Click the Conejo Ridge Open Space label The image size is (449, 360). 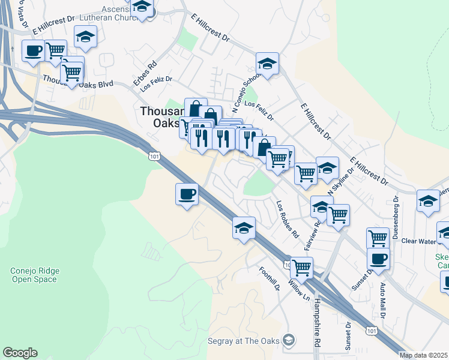(35, 275)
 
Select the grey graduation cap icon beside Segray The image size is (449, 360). (289, 341)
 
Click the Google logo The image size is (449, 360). (20, 353)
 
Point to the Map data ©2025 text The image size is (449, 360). (424, 355)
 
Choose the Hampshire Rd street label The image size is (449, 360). (316, 324)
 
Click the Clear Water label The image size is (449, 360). (418, 241)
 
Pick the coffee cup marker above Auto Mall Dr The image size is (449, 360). (378, 259)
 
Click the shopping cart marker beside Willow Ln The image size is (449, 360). (301, 267)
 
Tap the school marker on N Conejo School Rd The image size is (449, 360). (268, 64)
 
